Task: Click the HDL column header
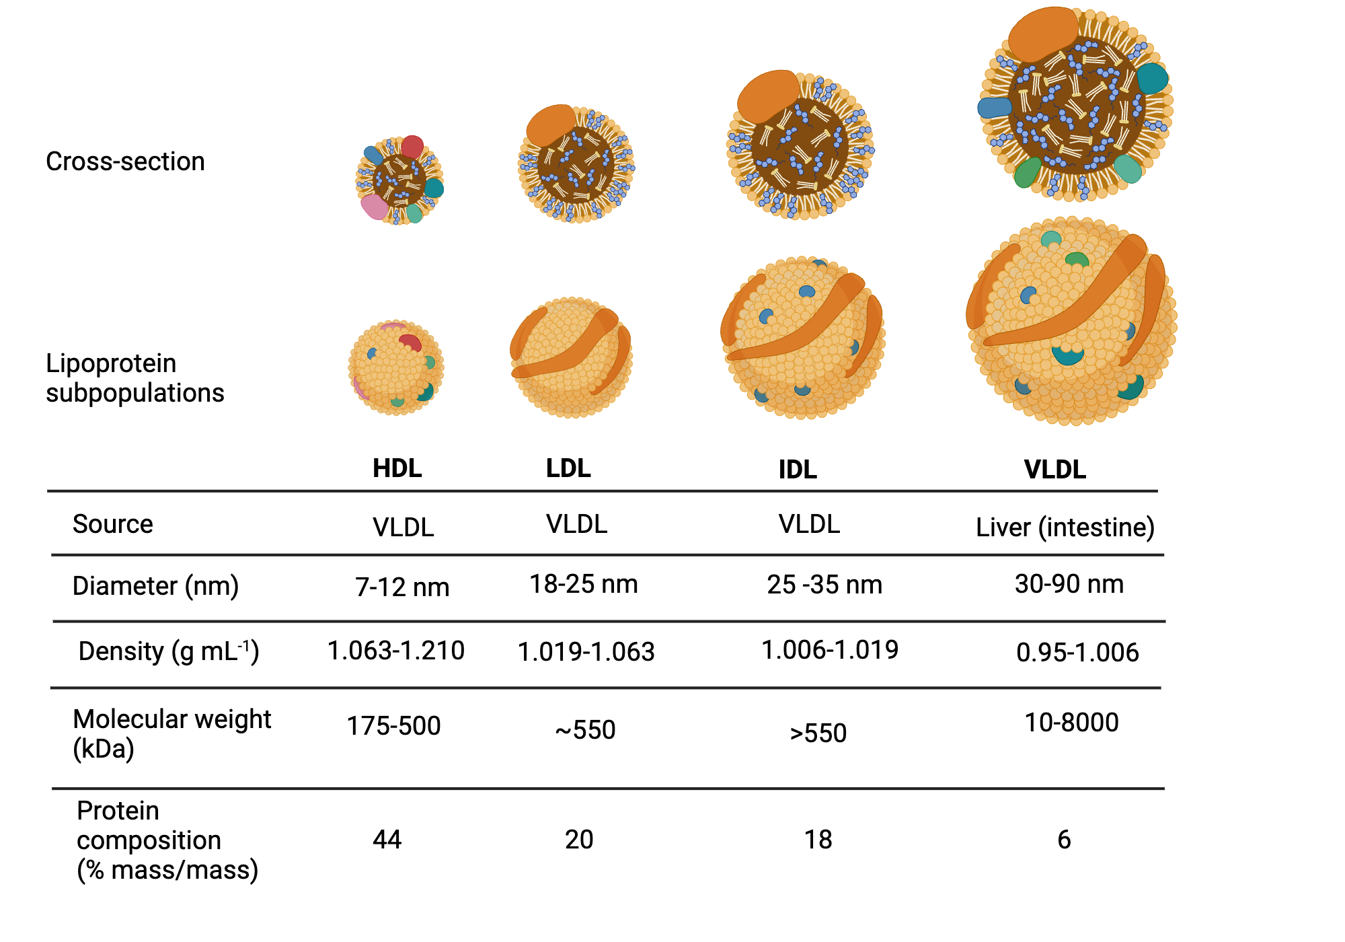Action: (x=397, y=468)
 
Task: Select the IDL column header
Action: (x=798, y=470)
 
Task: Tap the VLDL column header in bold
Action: (x=1054, y=470)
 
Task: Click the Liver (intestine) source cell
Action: (x=1065, y=527)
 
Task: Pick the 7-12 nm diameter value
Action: (x=402, y=587)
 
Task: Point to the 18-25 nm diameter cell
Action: (x=583, y=584)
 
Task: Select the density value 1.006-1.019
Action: (x=829, y=650)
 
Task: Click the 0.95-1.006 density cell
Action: (x=1077, y=653)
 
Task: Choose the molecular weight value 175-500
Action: (x=393, y=726)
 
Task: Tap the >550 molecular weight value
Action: (x=818, y=733)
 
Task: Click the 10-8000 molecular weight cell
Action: (x=1071, y=723)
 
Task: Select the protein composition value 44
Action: (x=387, y=840)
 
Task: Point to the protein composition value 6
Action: (x=1063, y=840)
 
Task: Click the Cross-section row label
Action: (x=125, y=161)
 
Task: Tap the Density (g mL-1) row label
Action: (x=168, y=651)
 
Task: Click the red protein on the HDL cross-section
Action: (x=412, y=147)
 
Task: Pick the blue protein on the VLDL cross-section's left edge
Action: (x=994, y=107)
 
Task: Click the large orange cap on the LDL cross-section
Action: (x=551, y=124)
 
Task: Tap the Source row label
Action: (x=112, y=524)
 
